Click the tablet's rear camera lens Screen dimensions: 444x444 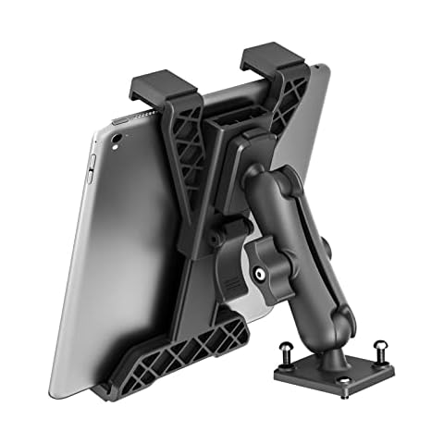pyautogui.click(x=117, y=141)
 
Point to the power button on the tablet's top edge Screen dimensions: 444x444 pyautogui.click(x=120, y=121)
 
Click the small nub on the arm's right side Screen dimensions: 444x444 pyautogui.click(x=329, y=245)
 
